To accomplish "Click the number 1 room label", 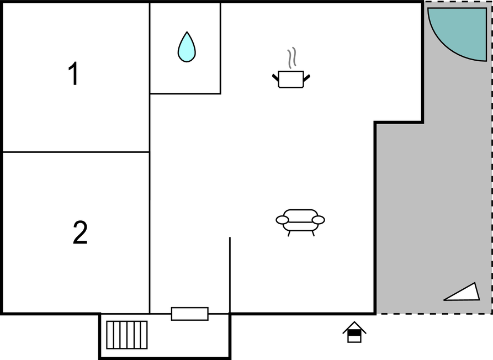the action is point(73,73).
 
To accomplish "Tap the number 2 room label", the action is point(80,232).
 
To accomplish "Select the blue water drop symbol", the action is point(187,47).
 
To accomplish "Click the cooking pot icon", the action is point(291,79).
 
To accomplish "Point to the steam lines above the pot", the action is point(292,58).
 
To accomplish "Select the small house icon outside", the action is point(354,332).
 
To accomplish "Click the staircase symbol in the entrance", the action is point(127,335).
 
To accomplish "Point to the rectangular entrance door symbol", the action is point(189,314).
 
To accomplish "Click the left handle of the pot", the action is point(275,77).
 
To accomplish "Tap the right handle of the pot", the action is point(307,77).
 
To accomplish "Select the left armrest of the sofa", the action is point(282,220).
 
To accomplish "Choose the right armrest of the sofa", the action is point(319,220).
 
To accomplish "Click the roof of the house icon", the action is point(354,326).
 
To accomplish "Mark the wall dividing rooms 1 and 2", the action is point(76,152).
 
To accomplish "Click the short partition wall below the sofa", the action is point(230,275).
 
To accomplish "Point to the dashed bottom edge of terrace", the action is point(434,314).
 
